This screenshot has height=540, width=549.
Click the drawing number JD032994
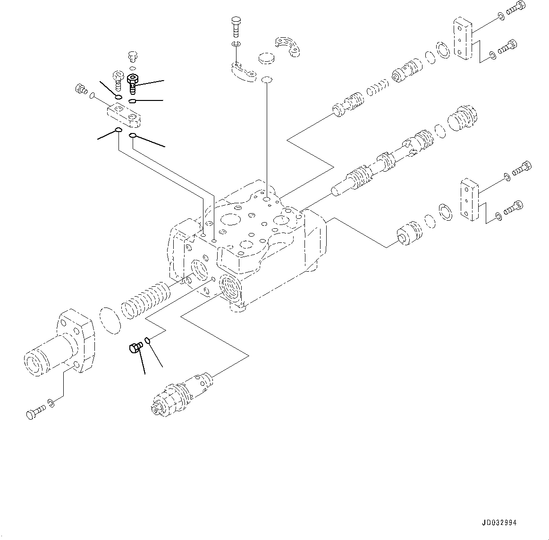pos(499,523)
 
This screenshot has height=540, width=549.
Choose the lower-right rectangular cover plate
pos(470,200)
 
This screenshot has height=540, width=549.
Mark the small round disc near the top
pos(267,59)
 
